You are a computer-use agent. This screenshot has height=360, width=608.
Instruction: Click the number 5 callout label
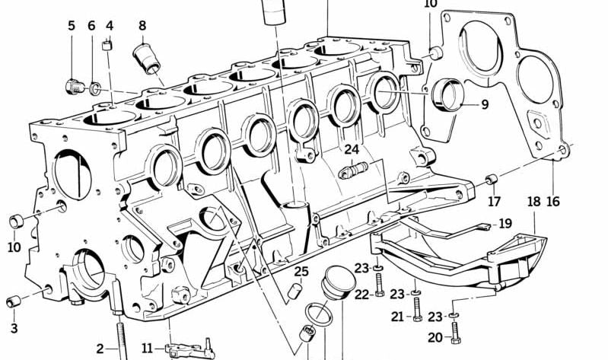72,26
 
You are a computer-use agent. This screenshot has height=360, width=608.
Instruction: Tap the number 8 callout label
142,26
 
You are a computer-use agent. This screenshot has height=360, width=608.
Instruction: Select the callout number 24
351,149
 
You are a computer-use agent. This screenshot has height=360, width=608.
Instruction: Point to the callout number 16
552,202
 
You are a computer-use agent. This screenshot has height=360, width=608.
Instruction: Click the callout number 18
533,202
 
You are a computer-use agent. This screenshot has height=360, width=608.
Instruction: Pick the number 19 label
505,224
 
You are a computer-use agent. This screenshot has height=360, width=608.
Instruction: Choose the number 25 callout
301,272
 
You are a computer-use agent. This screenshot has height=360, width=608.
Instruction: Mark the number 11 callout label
147,349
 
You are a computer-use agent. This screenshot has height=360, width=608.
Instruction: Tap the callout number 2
100,349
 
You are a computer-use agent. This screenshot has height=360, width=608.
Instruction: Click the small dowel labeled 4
108,46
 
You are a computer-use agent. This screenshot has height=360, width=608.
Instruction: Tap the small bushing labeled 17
492,180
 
